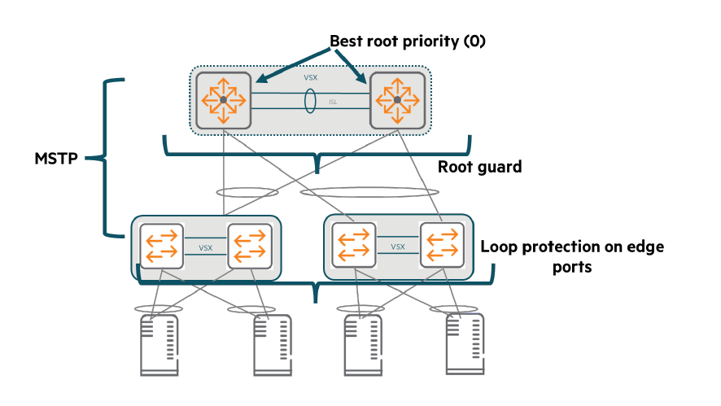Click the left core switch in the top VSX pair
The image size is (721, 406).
(x=223, y=100)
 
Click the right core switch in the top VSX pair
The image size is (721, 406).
(x=398, y=100)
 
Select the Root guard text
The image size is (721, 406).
(x=479, y=167)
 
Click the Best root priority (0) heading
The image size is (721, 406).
(x=407, y=41)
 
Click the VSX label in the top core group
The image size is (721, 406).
(x=311, y=79)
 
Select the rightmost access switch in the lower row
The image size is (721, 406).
(x=440, y=245)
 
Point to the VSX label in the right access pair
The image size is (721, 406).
(x=398, y=245)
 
